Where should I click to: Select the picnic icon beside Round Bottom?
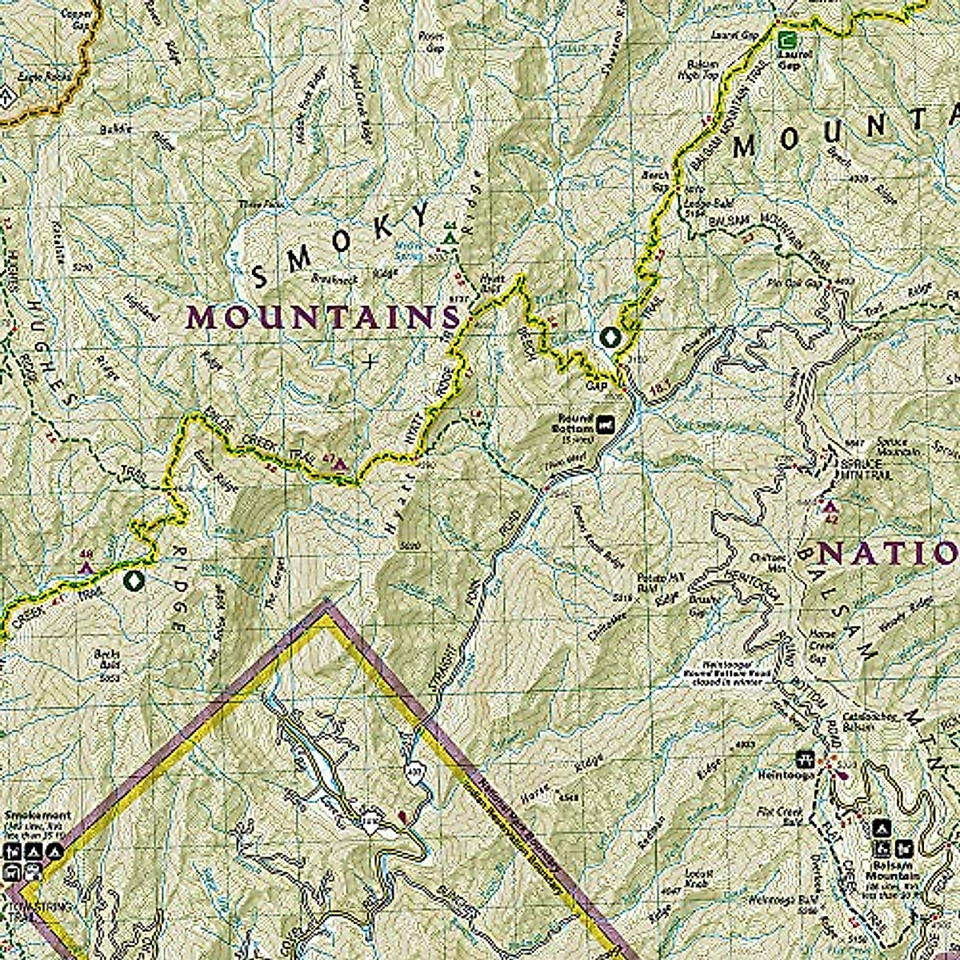tap(607, 422)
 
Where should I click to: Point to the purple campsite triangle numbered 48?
tap(86, 566)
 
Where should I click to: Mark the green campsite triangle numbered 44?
tap(450, 238)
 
